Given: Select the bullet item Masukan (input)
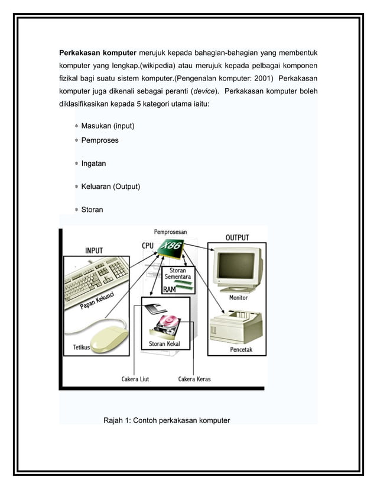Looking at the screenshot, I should coord(108,126).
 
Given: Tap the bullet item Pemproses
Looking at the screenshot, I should coord(100,140).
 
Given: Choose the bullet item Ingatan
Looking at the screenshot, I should coord(94,163).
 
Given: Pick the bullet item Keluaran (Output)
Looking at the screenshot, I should coord(110,186).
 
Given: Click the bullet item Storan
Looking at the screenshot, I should coord(92,210).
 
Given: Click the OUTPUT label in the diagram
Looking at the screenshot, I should coord(237,237).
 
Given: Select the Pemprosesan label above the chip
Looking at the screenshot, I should coord(172,232).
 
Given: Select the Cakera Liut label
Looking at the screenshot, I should coord(135,379).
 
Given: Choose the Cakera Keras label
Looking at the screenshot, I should coord(194,379).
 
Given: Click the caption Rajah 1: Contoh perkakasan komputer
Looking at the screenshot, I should coord(167,421).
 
